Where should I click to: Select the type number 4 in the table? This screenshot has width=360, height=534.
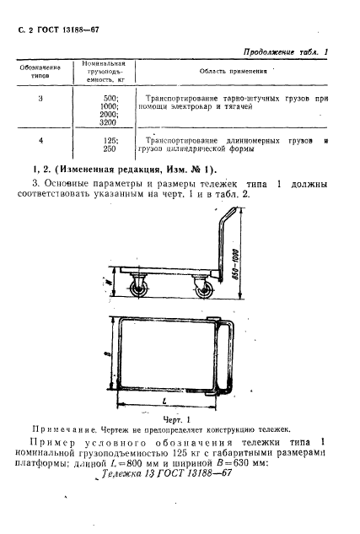40,139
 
